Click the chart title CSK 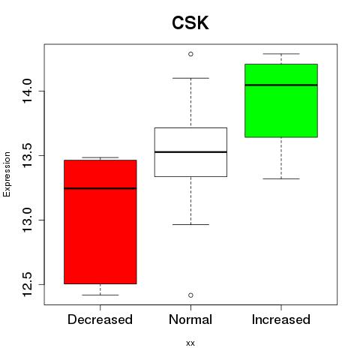[190, 22]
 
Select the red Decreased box [100, 222]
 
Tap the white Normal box [190, 152]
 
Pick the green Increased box [281, 100]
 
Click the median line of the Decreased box [100, 188]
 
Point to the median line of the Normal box [190, 152]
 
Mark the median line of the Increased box [281, 85]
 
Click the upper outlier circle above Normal [190, 54]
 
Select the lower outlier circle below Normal [190, 295]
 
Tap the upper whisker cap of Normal [190, 78]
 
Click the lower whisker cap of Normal [190, 224]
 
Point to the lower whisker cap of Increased [281, 178]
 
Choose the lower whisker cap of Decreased [100, 295]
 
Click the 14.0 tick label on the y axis [27, 91]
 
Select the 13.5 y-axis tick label [27, 155]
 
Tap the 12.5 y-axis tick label [27, 284]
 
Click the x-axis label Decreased [100, 319]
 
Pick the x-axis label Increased [281, 319]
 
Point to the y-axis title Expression [7, 175]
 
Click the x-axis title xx [190, 343]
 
